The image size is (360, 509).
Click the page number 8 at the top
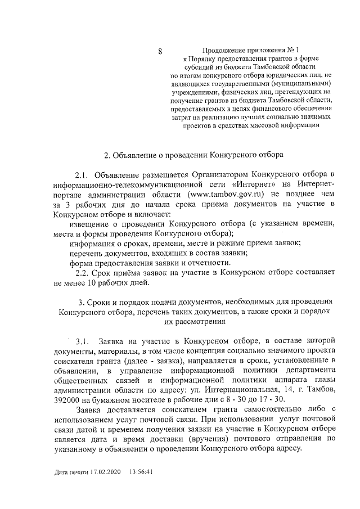coord(160,52)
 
